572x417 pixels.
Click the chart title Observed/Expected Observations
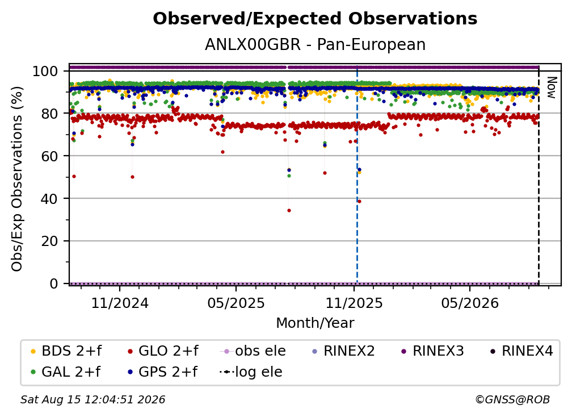click(x=315, y=19)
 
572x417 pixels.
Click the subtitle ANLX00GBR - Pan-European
click(x=315, y=45)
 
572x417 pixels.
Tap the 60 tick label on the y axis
click(x=49, y=156)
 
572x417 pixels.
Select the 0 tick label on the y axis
click(x=53, y=283)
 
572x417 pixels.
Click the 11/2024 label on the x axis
click(x=120, y=303)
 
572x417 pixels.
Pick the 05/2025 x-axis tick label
click(x=236, y=303)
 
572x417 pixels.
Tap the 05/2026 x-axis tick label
click(x=470, y=303)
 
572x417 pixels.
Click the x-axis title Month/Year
click(x=315, y=323)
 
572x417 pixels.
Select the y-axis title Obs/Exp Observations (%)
click(x=17, y=179)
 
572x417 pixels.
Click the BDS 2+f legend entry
click(x=66, y=351)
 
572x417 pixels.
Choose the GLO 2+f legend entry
click(x=163, y=351)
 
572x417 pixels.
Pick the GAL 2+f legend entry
click(x=65, y=372)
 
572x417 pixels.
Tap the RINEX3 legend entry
click(x=432, y=351)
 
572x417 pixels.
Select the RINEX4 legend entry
click(x=521, y=351)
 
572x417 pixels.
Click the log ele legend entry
click(x=251, y=372)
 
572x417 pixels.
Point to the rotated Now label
click(x=551, y=87)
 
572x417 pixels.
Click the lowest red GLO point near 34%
click(x=289, y=210)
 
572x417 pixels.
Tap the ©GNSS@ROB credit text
click(x=512, y=400)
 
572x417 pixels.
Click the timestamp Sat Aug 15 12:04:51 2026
click(x=92, y=400)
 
